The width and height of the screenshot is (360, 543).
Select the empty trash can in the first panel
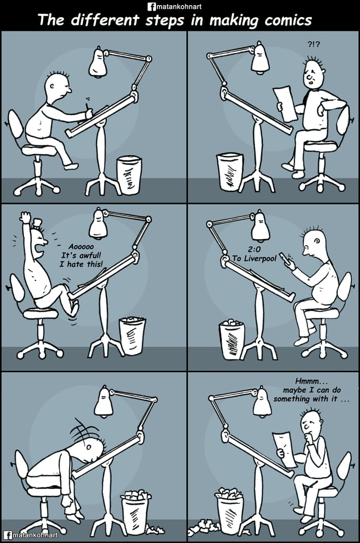click(129, 175)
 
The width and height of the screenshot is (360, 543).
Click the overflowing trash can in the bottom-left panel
click(136, 512)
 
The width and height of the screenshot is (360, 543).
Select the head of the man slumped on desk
click(91, 446)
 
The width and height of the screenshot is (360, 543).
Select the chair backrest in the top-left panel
click(15, 125)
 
